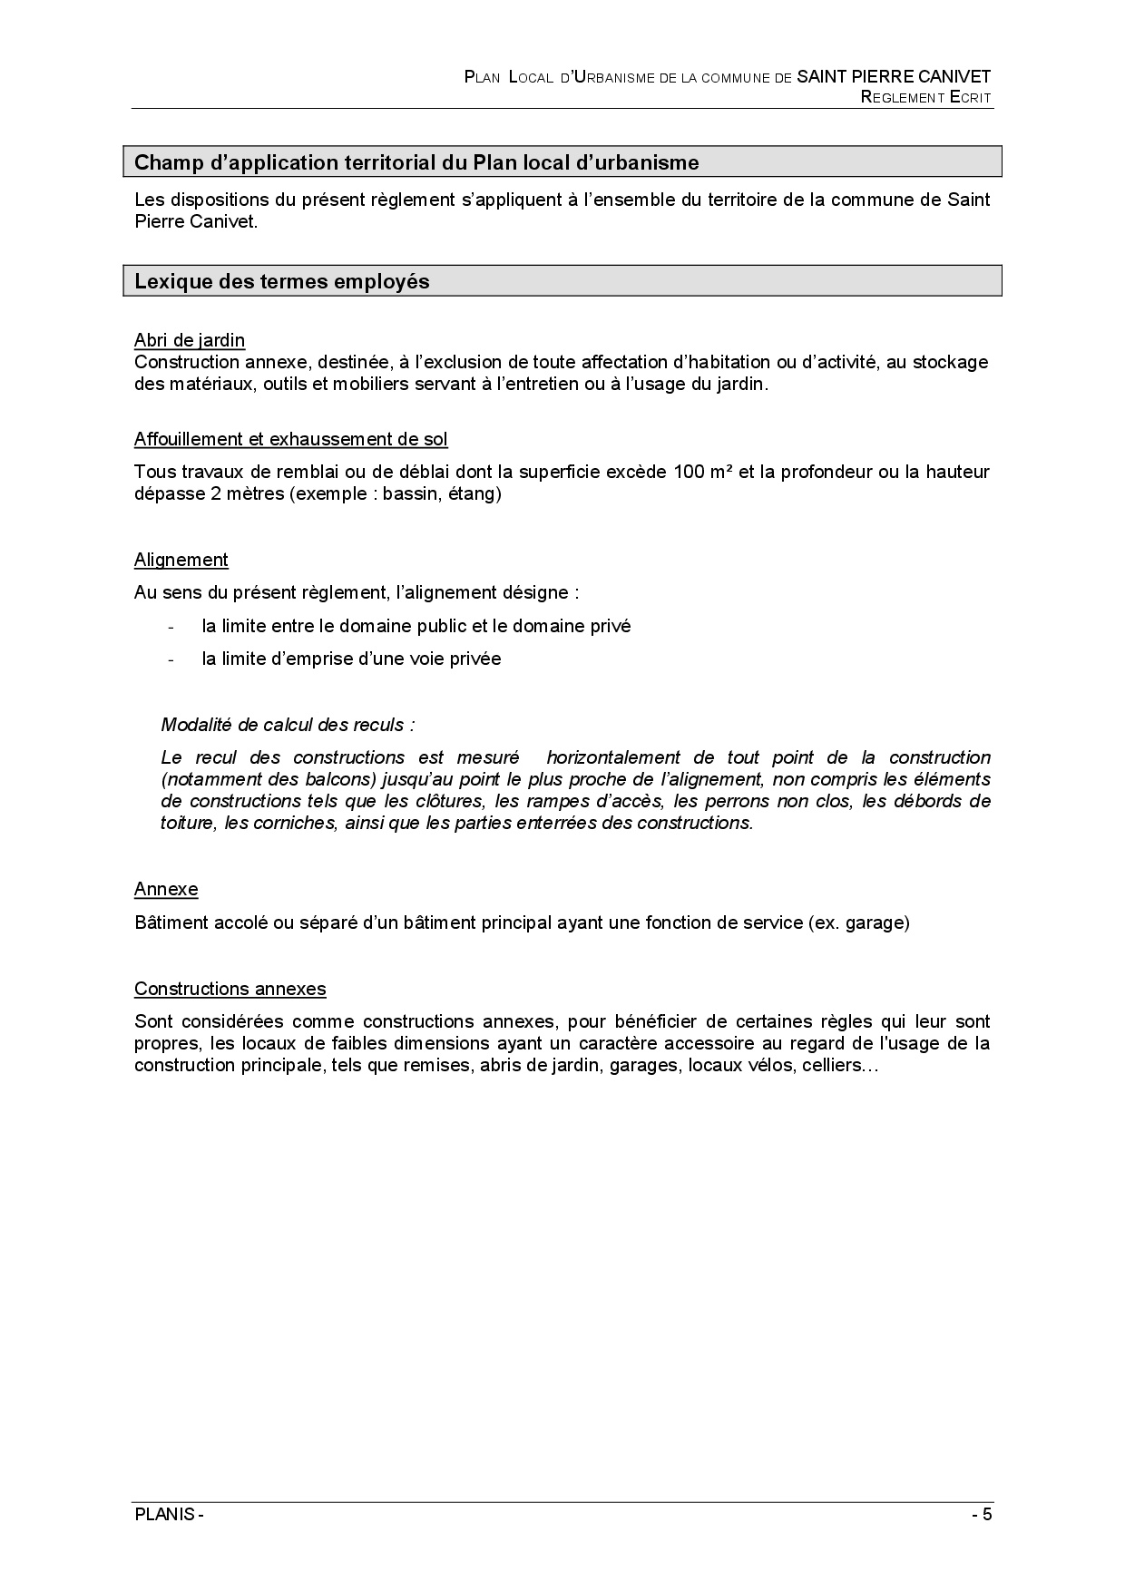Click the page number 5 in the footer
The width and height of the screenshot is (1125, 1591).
click(x=987, y=1515)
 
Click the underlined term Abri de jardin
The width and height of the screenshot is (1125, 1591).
click(x=190, y=340)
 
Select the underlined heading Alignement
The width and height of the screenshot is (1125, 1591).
click(x=181, y=560)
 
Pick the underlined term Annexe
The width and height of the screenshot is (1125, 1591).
click(x=166, y=889)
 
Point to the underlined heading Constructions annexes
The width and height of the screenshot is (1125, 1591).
click(x=230, y=989)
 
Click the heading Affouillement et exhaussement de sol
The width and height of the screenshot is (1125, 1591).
click(x=290, y=439)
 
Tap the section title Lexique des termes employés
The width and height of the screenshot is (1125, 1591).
click(x=282, y=281)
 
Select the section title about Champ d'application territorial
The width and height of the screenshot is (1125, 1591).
click(x=416, y=162)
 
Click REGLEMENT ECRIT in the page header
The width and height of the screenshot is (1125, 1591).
click(x=925, y=97)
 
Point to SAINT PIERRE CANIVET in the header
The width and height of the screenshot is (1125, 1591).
click(x=894, y=77)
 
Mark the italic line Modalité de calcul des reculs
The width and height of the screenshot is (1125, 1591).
click(x=288, y=725)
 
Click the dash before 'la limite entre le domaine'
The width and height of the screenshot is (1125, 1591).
click(x=171, y=627)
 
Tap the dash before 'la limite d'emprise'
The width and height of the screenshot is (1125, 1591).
click(x=171, y=659)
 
